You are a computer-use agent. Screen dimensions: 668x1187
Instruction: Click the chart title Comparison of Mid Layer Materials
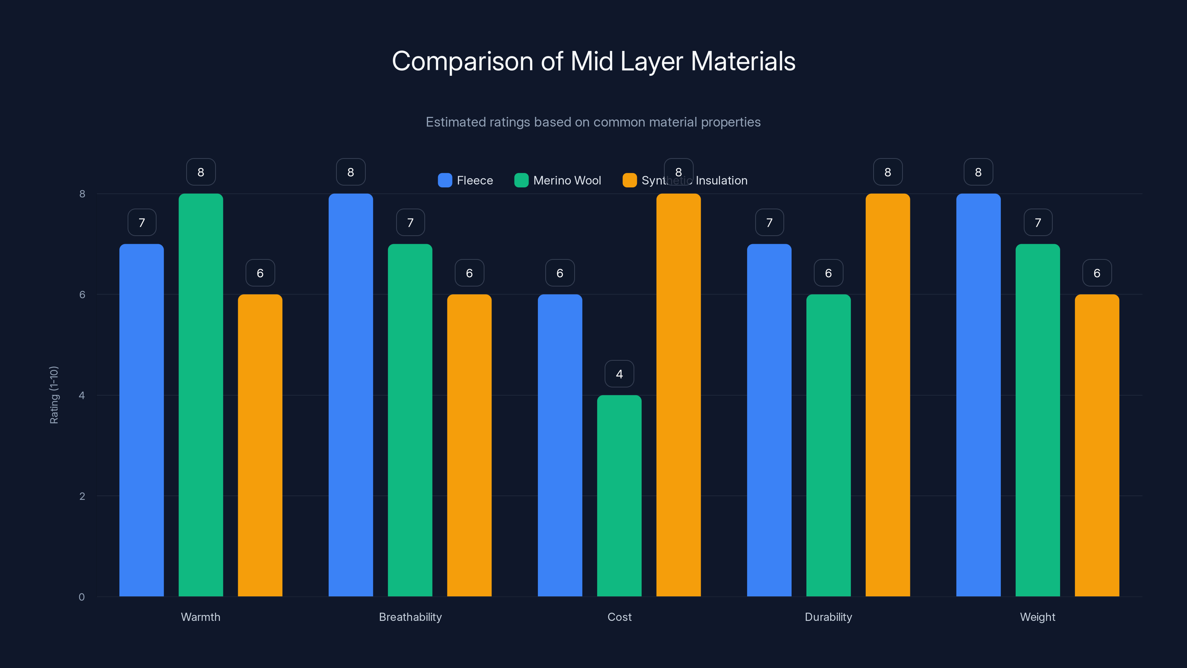coord(593,61)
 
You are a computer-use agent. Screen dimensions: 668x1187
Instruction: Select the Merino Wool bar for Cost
coord(619,495)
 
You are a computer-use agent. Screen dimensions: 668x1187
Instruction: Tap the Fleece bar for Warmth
coord(141,419)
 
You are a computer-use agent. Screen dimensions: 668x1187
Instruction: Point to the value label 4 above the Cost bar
coord(619,374)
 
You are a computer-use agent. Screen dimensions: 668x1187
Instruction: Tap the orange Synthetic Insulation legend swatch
coord(629,180)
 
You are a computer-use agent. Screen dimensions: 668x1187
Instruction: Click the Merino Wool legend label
coord(567,180)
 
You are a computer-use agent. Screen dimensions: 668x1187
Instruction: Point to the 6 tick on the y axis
coord(82,295)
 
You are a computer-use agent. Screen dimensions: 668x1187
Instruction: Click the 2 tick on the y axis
coord(82,496)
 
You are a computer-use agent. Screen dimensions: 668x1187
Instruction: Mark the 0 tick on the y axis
coord(82,597)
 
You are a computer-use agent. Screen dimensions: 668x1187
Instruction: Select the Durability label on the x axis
coord(828,617)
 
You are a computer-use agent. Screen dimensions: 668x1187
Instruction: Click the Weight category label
coord(1037,617)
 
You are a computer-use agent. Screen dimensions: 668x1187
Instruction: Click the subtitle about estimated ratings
coord(593,122)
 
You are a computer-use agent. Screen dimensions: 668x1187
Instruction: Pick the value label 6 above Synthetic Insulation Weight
coord(1097,273)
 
